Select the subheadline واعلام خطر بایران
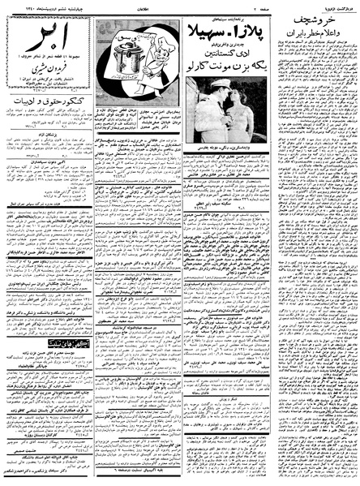[320, 40]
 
